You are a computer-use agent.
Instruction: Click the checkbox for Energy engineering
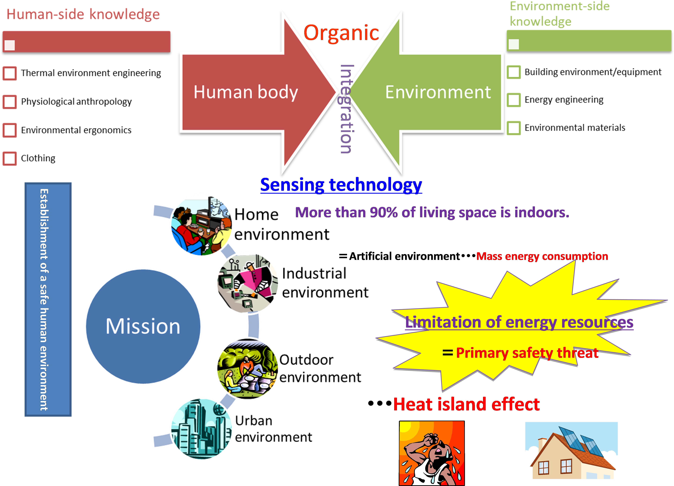click(x=514, y=100)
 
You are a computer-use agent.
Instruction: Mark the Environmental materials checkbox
click(x=514, y=128)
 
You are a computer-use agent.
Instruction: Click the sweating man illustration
click(x=432, y=453)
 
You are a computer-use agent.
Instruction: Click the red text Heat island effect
click(x=467, y=404)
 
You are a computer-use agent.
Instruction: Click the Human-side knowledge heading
click(x=83, y=14)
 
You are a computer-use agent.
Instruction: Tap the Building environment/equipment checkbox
click(x=514, y=72)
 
